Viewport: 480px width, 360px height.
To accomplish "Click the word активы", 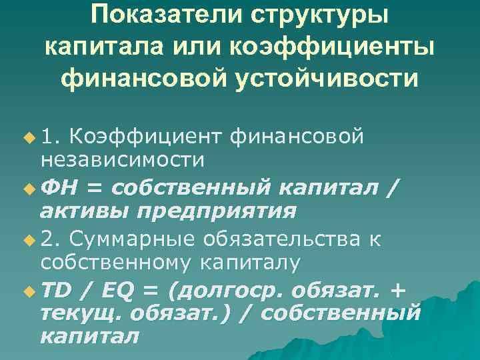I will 83,211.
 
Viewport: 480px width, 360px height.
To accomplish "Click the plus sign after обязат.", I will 399,290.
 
